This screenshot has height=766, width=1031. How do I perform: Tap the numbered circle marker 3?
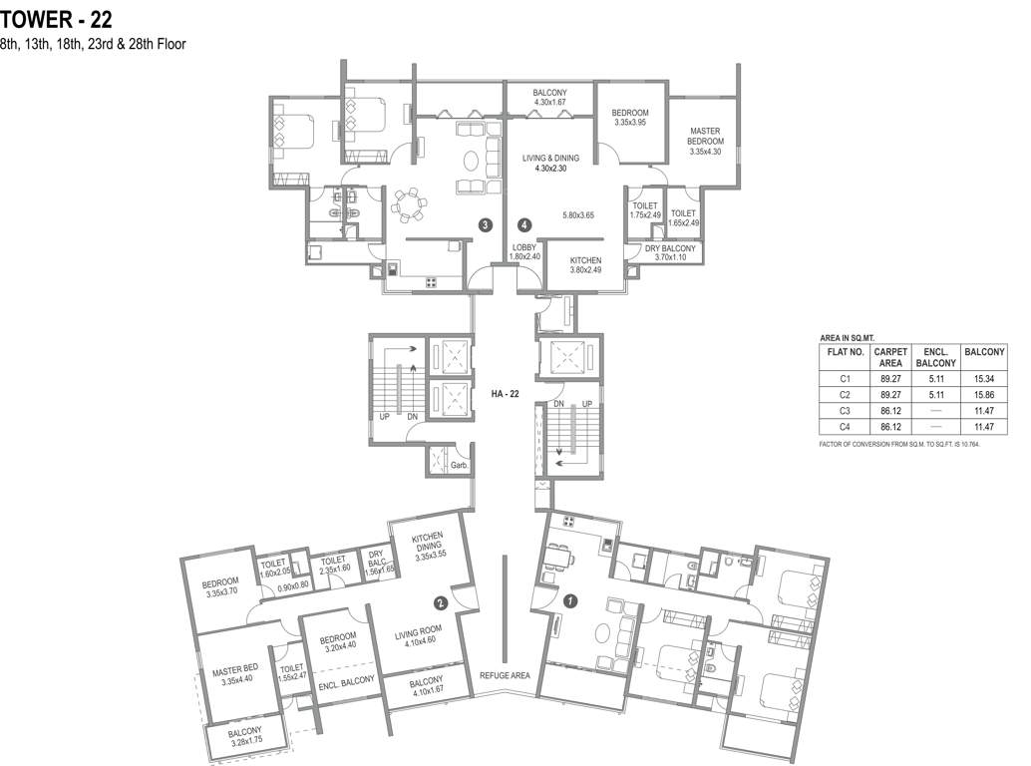pos(486,225)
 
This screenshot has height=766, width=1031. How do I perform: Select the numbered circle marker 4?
pos(524,225)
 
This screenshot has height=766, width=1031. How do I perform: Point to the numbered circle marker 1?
pos(570,600)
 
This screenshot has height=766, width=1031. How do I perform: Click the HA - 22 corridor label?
pos(505,394)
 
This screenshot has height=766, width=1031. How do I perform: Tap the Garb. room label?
pos(459,466)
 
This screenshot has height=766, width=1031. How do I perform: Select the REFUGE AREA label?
pos(505,675)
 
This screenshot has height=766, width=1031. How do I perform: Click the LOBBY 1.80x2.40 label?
pos(524,251)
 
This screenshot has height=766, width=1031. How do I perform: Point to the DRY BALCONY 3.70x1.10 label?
pos(670,253)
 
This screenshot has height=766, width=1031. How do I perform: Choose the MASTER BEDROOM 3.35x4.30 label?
pos(705,141)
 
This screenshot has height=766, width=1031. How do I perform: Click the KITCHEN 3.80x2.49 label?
pos(585,265)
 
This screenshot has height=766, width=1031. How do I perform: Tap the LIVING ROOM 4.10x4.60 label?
pos(418,634)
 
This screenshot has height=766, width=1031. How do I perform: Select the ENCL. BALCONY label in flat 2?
pos(347,683)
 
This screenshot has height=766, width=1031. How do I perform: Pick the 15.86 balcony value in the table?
pos(984,395)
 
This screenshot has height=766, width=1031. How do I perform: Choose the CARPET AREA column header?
pos(890,357)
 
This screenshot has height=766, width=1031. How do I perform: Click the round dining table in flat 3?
pos(409,205)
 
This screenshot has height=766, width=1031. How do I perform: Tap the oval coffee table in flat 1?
pos(603,633)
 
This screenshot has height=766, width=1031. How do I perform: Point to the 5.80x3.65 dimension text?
pos(578,215)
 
